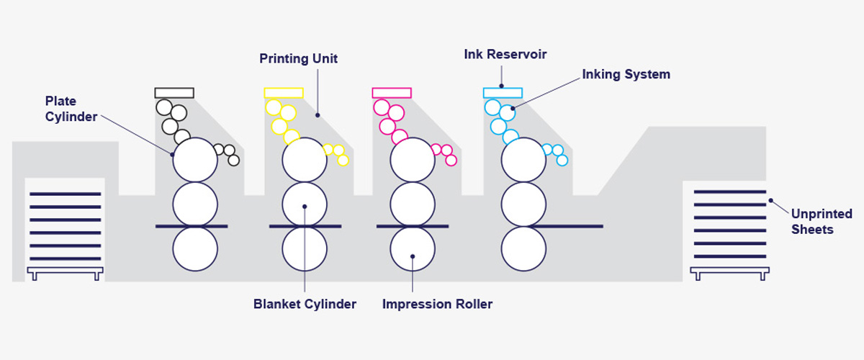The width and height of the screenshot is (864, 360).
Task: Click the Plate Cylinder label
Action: coord(71,109)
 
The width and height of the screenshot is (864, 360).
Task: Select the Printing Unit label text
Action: coord(299,58)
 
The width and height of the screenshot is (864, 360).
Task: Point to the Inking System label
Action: coord(626,74)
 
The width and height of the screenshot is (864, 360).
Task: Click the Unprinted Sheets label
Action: coord(822,222)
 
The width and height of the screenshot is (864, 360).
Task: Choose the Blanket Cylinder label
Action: coord(305,304)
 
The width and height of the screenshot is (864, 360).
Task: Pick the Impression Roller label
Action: coord(437,304)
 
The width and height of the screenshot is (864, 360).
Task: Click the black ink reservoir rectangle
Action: coord(174,93)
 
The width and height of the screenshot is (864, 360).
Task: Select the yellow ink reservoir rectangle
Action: coord(284,93)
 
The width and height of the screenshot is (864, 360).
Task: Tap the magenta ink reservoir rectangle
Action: coord(392,93)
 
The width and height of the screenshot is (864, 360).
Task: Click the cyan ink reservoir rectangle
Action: coord(503,93)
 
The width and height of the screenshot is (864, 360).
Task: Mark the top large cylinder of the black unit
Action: coord(194,160)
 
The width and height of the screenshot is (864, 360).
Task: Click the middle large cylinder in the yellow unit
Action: coord(305,204)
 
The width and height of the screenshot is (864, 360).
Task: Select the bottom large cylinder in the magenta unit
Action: coord(413,249)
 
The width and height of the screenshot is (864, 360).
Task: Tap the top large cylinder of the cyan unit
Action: coord(523,160)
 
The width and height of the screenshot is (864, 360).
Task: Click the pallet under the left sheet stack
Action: coord(65,273)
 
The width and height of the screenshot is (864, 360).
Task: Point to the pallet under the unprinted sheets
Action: coord(729,273)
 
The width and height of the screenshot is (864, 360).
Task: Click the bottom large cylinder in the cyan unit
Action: coord(523,249)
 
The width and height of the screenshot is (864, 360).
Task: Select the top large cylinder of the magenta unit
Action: coord(413,160)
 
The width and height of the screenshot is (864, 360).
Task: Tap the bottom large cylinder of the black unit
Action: coord(194,249)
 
